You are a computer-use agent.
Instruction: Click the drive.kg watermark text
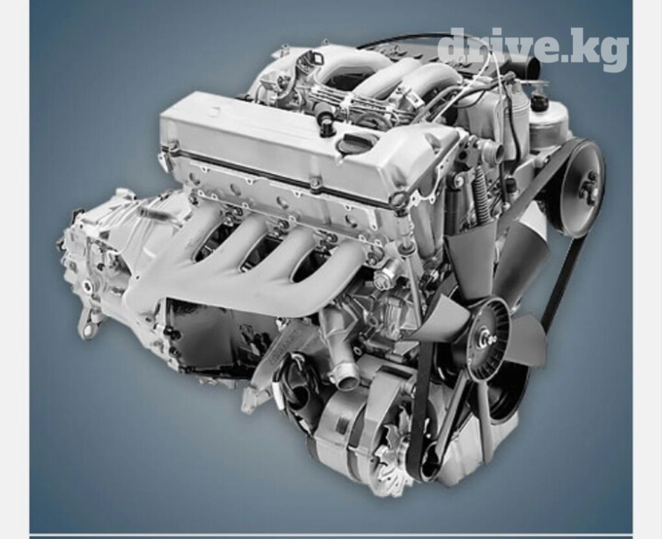pos(533,48)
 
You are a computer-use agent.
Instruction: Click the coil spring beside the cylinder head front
pos(480,199)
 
